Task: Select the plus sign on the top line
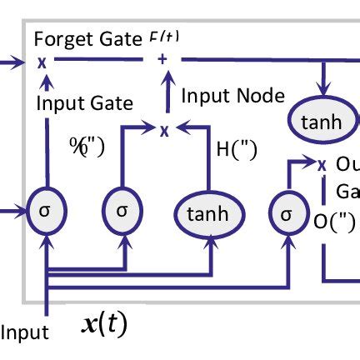pos(163,59)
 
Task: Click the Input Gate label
pos(84,103)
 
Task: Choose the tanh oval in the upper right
pos(322,122)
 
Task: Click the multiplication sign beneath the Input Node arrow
pos(164,129)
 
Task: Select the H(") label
pos(235,149)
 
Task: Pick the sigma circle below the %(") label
pos(122,210)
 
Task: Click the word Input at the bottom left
pos(25,333)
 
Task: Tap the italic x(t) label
pos(104,323)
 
